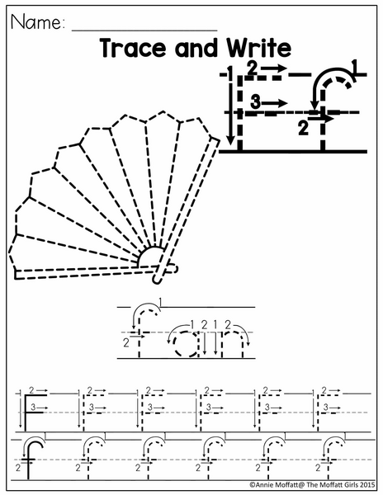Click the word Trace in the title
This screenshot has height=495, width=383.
133,48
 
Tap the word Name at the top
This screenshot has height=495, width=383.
35,22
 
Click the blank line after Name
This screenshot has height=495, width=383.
144,31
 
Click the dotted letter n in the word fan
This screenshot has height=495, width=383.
233,344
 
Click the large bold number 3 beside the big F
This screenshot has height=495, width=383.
255,102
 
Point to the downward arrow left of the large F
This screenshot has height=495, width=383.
230,107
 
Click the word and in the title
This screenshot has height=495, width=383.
196,48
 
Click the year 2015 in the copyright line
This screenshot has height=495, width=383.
368,484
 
